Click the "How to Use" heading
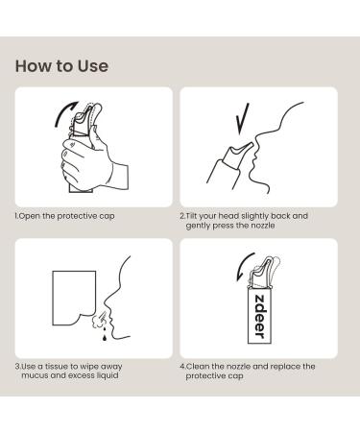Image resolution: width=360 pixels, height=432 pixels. click(61, 66)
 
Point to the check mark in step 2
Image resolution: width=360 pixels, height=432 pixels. click(243, 119)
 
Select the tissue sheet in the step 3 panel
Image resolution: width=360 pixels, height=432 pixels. click(74, 298)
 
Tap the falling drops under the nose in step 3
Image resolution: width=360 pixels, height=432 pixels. click(104, 333)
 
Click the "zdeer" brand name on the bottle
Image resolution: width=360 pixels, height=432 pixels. click(260, 316)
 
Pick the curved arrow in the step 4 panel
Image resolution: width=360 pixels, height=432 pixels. click(244, 266)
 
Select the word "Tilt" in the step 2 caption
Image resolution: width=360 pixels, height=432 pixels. click(191, 216)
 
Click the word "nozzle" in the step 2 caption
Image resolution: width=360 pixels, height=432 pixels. click(262, 226)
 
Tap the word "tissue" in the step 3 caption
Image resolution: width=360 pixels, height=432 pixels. click(57, 366)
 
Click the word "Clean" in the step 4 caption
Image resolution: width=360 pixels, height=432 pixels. click(198, 366)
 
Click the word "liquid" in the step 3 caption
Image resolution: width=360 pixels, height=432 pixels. click(108, 375)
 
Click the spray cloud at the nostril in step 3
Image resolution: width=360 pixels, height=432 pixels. click(99, 320)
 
